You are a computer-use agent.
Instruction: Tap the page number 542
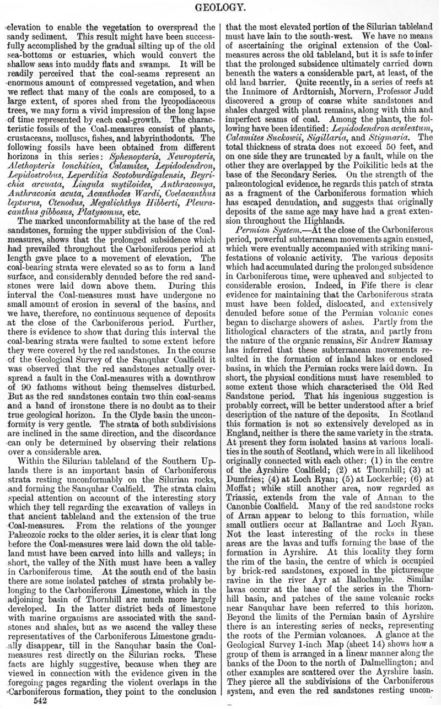(42, 700)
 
